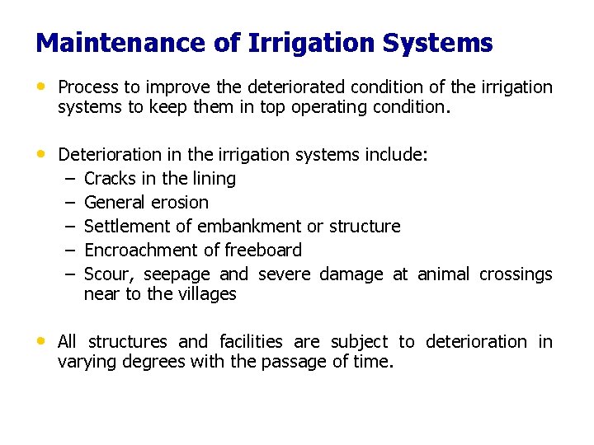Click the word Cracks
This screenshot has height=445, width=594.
111,179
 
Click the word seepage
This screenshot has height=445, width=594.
177,274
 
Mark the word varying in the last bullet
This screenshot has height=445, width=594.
86,362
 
